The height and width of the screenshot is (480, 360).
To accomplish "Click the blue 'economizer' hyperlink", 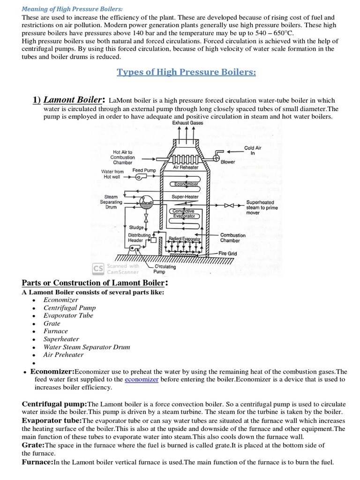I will (142, 379).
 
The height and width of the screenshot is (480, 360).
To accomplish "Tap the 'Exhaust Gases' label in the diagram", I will (187, 123).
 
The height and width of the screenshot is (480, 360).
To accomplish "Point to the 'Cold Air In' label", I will (253, 150).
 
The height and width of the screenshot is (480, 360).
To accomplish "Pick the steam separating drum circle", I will (147, 202).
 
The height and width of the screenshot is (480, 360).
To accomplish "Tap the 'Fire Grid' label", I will (228, 253).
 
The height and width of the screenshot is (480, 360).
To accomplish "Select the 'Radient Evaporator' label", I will (184, 239).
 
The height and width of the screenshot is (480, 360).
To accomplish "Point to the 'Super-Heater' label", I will (185, 197).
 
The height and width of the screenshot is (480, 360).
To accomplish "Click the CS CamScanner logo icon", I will (98, 269).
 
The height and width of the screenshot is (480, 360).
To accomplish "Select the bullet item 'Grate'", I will (52, 323).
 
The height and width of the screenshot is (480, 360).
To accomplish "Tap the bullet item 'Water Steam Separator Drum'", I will (87, 347).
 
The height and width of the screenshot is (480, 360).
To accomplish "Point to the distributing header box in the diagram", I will (153, 240).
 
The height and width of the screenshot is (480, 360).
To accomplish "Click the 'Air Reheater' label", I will (186, 167).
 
